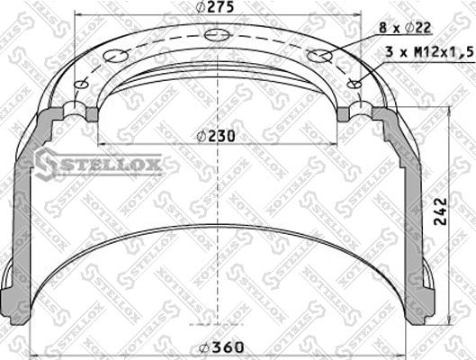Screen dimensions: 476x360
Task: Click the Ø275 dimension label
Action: pyautogui.click(x=216, y=6)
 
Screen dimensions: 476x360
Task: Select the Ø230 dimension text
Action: pyautogui.click(x=216, y=136)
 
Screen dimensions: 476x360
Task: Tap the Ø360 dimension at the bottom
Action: pyautogui.click(x=220, y=347)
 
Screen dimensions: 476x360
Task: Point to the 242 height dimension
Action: pyautogui.click(x=440, y=211)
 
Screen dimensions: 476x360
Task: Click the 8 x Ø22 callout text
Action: pyautogui.click(x=405, y=28)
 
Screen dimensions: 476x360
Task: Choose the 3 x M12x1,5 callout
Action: pyautogui.click(x=429, y=52)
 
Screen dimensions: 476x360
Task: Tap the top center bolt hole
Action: pyautogui.click(x=217, y=34)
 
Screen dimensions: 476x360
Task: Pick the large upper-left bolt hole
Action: pyautogui.click(x=115, y=56)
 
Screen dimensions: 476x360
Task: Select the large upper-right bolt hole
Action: pyautogui.click(x=319, y=56)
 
